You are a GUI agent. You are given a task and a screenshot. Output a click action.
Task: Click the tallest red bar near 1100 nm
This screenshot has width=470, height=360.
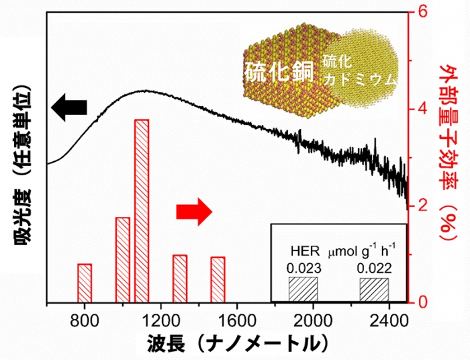[x=142, y=210]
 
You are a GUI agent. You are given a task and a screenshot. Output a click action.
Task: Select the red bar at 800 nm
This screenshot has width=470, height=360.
[x=85, y=283]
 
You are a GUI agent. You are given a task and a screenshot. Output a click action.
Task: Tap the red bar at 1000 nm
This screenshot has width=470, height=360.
[x=123, y=259]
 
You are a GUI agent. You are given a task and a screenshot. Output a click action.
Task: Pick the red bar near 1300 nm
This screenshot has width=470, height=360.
[x=180, y=278]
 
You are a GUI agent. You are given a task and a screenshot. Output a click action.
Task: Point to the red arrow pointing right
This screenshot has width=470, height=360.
[x=194, y=212]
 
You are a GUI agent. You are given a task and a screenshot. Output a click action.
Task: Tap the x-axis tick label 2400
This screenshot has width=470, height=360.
[x=389, y=318]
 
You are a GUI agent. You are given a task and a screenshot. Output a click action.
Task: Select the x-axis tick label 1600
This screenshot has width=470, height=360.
[x=236, y=318]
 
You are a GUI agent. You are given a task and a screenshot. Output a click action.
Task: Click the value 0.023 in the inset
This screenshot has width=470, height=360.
[x=303, y=268]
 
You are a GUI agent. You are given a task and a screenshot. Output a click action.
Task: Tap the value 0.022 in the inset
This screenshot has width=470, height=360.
[x=374, y=268]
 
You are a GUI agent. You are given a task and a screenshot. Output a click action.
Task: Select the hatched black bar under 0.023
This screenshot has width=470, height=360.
[x=303, y=289]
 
